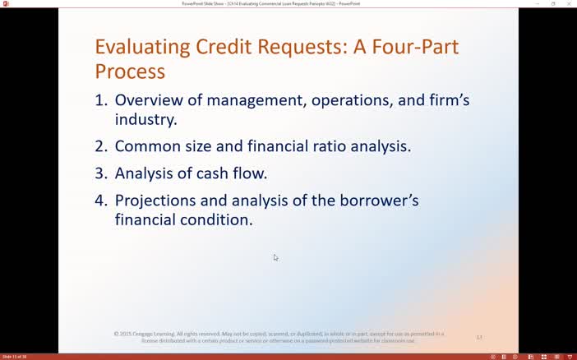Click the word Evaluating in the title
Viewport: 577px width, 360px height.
pyautogui.click(x=142, y=47)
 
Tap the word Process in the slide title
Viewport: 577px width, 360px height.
pyautogui.click(x=130, y=72)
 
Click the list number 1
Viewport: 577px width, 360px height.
pyautogui.click(x=100, y=100)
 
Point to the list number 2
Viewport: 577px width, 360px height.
pyautogui.click(x=100, y=146)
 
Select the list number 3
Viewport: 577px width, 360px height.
pyautogui.click(x=100, y=173)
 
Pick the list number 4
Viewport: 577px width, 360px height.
pyautogui.click(x=100, y=201)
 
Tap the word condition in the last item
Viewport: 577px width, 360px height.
pyautogui.click(x=213, y=220)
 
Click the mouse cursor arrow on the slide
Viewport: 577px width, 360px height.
pyautogui.click(x=275, y=257)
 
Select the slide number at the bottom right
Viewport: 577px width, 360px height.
pyautogui.click(x=479, y=337)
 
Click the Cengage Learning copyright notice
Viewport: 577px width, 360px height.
pyautogui.click(x=279, y=337)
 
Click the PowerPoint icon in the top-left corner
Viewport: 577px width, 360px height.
pyautogui.click(x=5, y=3)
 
